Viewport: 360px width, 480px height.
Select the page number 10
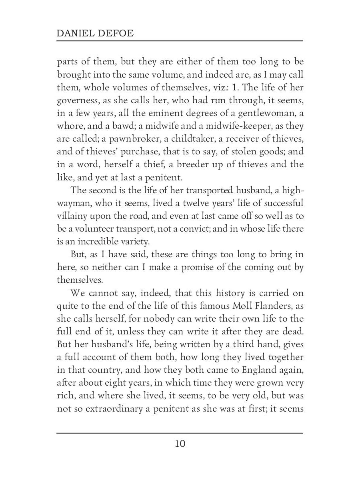(x=180, y=444)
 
